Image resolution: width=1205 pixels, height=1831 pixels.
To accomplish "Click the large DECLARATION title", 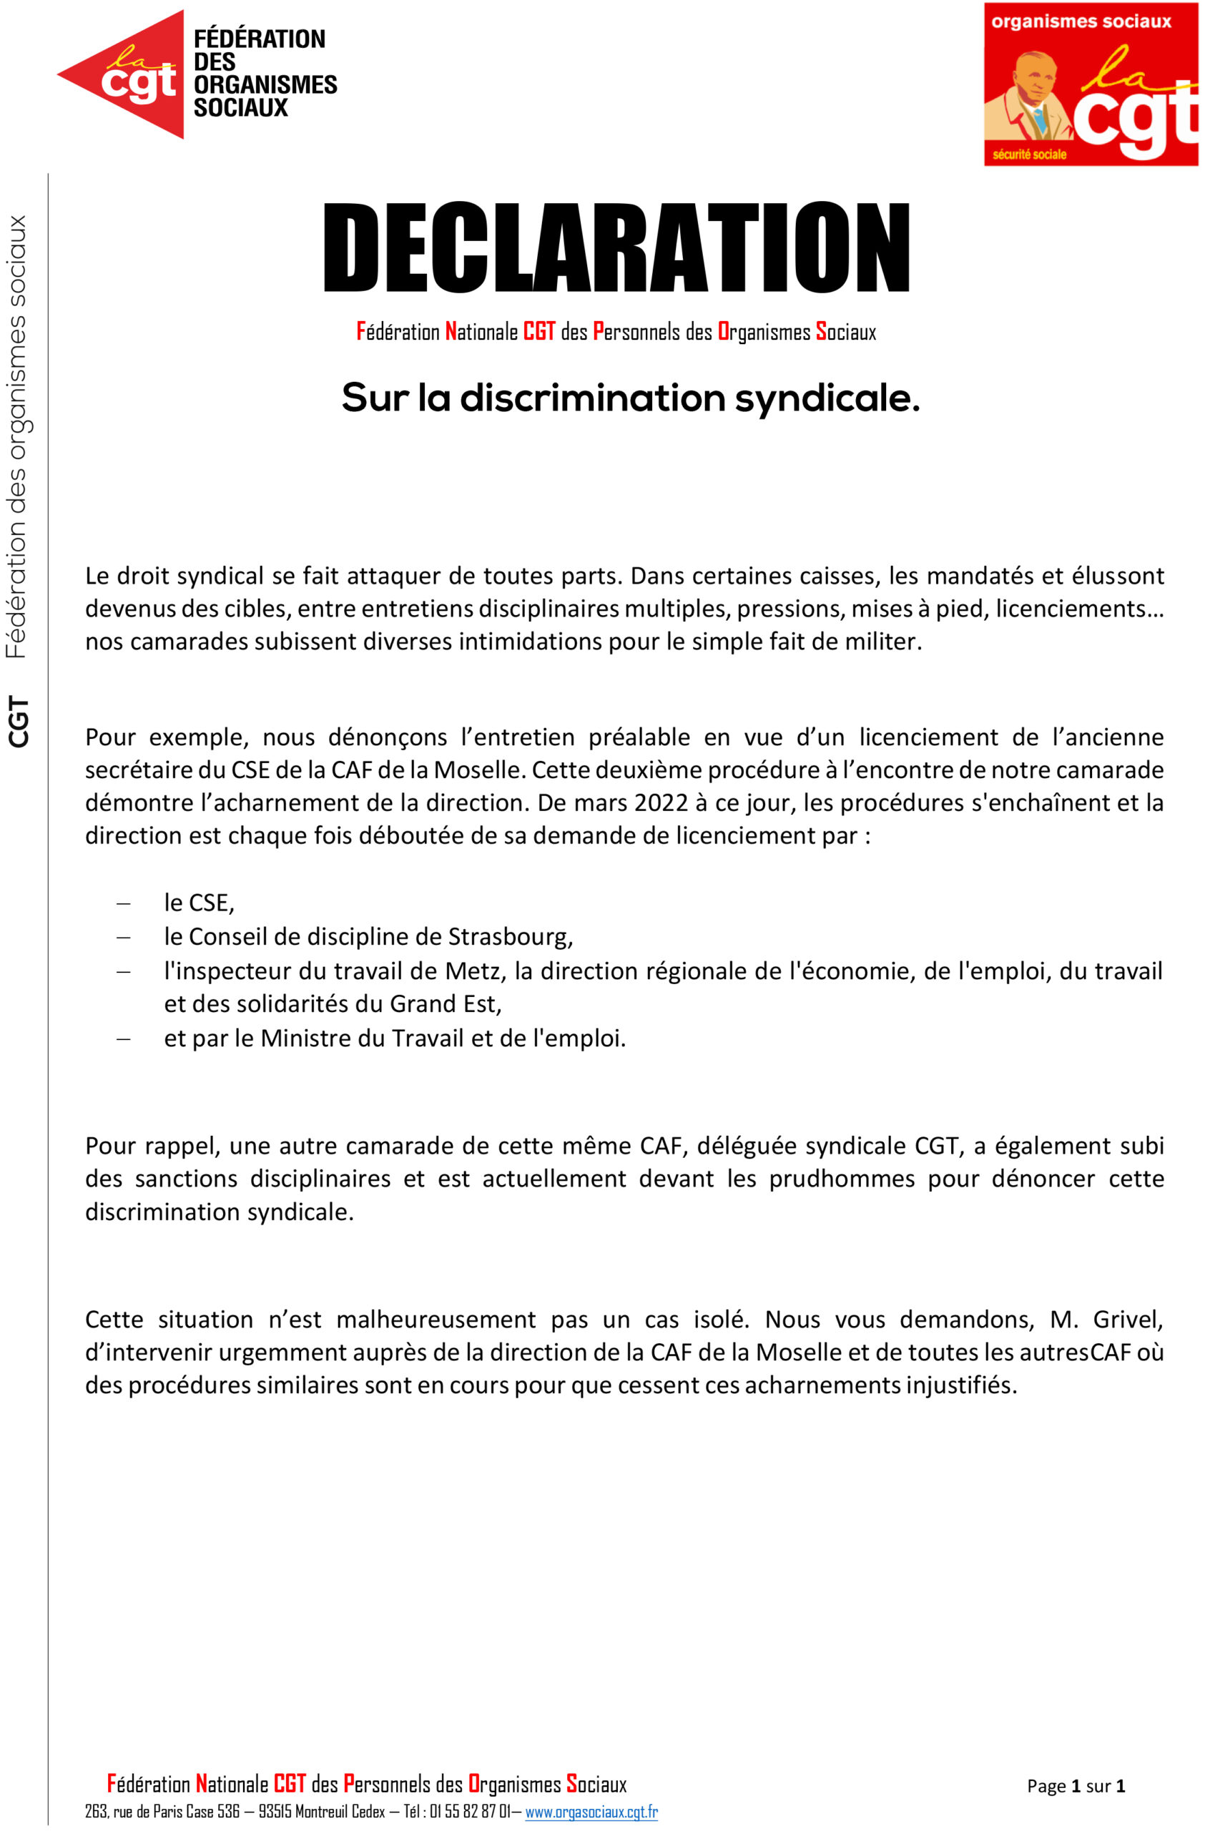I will pyautogui.click(x=615, y=247).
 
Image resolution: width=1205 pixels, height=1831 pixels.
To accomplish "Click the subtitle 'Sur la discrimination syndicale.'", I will pyautogui.click(x=630, y=398).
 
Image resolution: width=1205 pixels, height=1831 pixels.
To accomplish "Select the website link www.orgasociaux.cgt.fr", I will pyautogui.click(x=591, y=1811).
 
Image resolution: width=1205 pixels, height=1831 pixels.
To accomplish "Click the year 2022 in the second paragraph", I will pyautogui.click(x=661, y=802).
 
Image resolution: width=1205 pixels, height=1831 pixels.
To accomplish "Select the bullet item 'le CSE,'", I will pyautogui.click(x=198, y=902).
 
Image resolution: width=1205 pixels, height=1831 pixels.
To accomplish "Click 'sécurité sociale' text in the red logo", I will pyautogui.click(x=1029, y=154).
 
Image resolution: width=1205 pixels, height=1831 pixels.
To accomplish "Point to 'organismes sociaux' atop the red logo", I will pyautogui.click(x=1081, y=21).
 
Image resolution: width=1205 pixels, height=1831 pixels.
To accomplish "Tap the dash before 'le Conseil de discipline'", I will pyautogui.click(x=123, y=937).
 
